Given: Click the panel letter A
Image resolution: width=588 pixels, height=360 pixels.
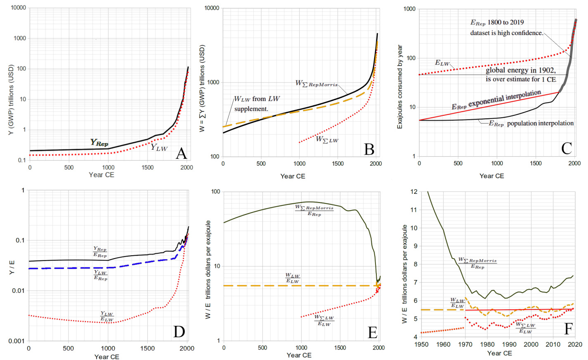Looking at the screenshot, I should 181,153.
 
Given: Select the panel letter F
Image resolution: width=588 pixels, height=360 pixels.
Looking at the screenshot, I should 568,329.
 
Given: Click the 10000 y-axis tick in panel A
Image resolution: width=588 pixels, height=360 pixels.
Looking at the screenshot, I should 18,8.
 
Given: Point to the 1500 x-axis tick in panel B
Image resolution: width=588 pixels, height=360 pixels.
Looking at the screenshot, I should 338,164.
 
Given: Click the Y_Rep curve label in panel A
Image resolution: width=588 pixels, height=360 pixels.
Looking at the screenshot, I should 99,143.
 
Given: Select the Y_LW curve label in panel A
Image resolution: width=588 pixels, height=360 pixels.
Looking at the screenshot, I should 159,148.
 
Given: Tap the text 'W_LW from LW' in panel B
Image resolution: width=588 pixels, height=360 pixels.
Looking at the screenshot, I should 257,99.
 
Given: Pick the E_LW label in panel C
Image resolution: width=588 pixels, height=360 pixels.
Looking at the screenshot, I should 442,63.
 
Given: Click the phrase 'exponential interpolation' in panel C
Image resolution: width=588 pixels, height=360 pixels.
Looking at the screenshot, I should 504,98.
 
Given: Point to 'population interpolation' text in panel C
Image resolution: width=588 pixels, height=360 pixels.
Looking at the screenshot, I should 540,123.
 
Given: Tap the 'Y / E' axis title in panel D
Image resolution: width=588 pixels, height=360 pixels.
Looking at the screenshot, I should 12,268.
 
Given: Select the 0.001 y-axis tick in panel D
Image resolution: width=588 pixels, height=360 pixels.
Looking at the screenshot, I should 16,341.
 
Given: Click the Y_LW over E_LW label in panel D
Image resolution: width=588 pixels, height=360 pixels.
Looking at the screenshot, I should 106,317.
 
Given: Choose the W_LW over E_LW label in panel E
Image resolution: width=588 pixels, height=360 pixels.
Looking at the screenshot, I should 292,278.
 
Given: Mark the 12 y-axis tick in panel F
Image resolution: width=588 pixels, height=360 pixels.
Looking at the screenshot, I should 414,192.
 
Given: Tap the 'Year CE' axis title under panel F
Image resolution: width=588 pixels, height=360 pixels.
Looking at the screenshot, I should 499,353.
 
